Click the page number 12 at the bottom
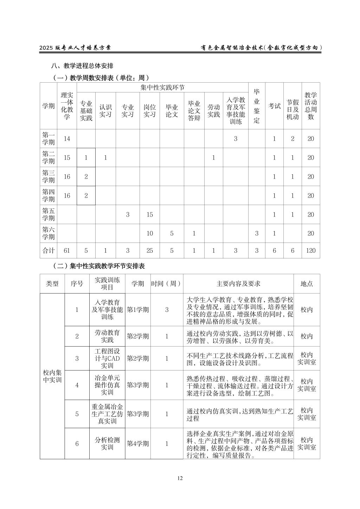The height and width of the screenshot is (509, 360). (x=180, y=478)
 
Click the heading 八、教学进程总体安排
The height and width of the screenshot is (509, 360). (x=82, y=66)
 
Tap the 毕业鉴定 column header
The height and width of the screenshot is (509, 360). (x=257, y=106)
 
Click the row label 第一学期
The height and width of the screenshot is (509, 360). (x=49, y=138)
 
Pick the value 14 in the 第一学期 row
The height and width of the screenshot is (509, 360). (x=67, y=138)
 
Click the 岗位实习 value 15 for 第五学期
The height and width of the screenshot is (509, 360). (x=150, y=214)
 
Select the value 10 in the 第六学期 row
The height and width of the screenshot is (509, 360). (x=150, y=233)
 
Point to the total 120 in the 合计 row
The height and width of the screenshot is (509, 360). (x=311, y=251)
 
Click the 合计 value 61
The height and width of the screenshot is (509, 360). (x=67, y=251)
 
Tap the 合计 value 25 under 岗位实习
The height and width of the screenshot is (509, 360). (x=150, y=251)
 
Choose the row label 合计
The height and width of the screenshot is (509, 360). (x=49, y=251)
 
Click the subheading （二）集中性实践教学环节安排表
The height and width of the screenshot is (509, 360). (x=98, y=266)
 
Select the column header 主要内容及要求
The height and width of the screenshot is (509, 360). (x=238, y=284)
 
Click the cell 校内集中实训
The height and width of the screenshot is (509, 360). (x=52, y=376)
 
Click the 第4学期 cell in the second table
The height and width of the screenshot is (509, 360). (x=138, y=444)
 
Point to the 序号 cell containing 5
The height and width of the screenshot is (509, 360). (x=77, y=414)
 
